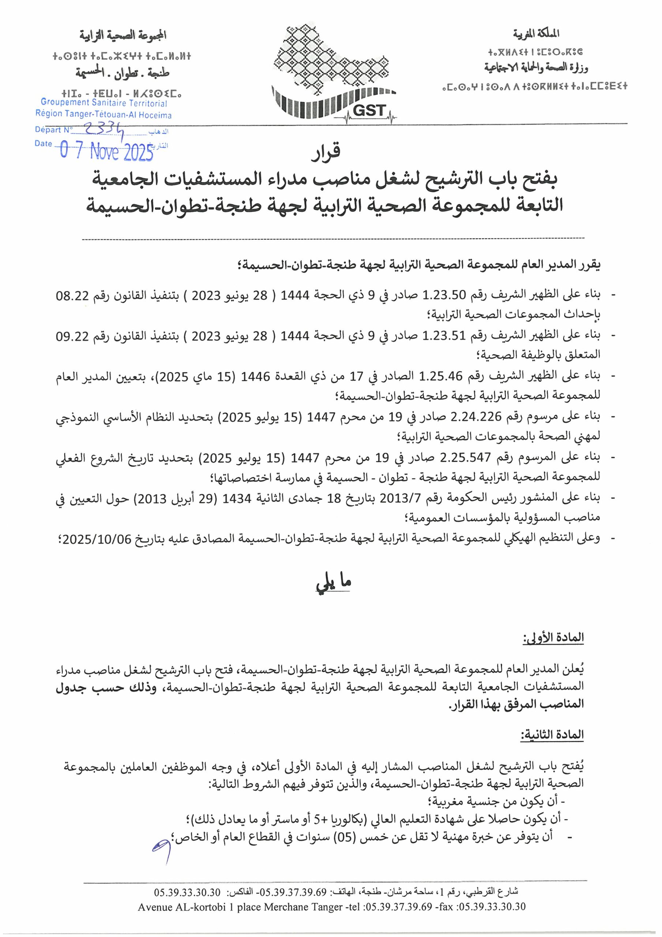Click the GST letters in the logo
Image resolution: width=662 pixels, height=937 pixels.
[x=369, y=110]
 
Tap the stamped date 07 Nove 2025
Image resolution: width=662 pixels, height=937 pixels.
[x=106, y=152]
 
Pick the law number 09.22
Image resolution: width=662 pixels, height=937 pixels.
[x=72, y=336]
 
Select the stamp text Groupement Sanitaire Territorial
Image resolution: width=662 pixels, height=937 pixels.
[x=104, y=104]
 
